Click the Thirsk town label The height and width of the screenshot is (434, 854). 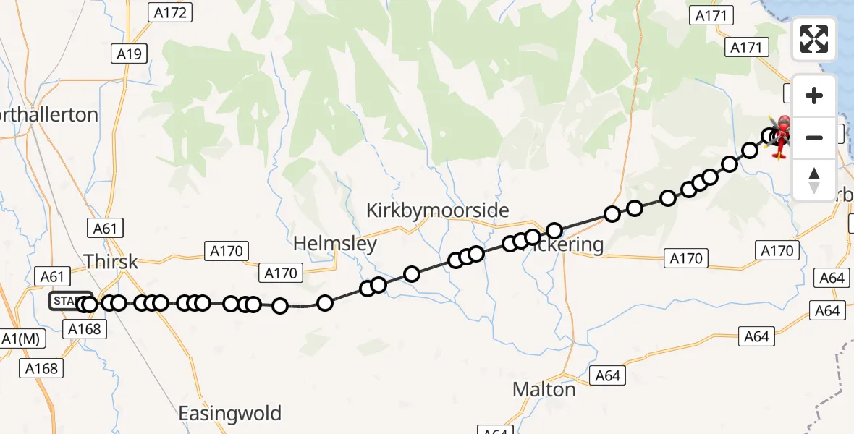tap(111, 261)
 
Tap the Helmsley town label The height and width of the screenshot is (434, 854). tap(335, 243)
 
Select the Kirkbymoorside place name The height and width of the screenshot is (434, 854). tap(437, 210)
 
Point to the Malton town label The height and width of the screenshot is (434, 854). tap(544, 389)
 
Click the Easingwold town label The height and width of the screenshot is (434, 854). tap(230, 414)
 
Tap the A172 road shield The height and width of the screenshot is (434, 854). tap(169, 12)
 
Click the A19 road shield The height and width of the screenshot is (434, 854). tap(130, 54)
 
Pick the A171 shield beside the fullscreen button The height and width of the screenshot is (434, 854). tap(746, 48)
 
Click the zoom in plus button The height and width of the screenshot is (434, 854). tap(814, 96)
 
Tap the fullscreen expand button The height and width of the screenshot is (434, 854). tap(814, 38)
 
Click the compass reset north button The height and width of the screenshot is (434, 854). tap(814, 179)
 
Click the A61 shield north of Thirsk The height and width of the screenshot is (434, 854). tap(106, 229)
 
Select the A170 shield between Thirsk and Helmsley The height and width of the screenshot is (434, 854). tap(227, 251)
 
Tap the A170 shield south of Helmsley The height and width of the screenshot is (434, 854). tap(281, 273)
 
